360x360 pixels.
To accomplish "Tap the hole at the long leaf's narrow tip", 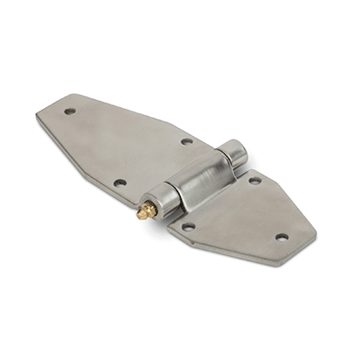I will point(69,112).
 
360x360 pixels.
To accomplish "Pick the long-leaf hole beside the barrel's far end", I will point(186,141).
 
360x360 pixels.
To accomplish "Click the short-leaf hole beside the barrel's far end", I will point(255,180).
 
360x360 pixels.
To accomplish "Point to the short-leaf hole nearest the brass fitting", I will point(188,227).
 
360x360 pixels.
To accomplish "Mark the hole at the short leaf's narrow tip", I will point(282,238).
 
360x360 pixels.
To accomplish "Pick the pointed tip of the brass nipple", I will point(139,215).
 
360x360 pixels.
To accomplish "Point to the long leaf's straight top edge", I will point(144,112).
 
